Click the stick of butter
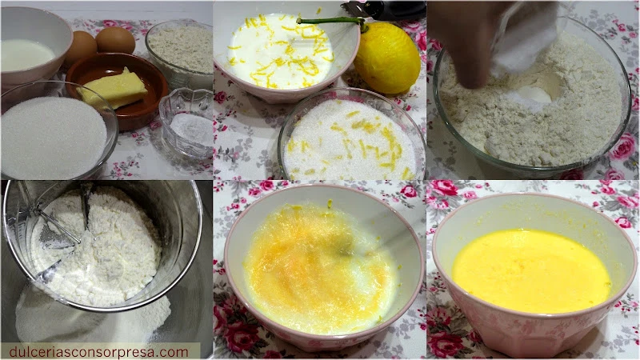pos(113,89)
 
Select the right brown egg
pos(115,40)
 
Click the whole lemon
pos(386,58)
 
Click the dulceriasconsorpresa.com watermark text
pos(98,352)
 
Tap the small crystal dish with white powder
pos(186,122)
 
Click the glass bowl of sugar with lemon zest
pos(351,137)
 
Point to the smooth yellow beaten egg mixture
pos(531,270)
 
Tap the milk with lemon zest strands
pos(281,51)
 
